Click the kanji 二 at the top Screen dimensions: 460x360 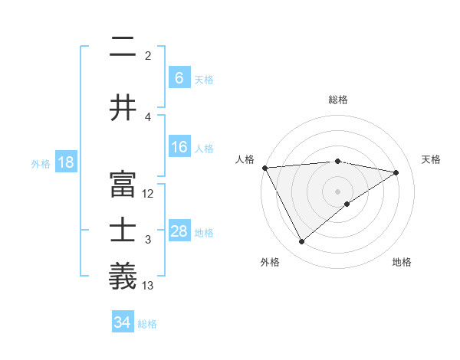click(123, 47)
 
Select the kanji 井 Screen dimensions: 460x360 click(123, 107)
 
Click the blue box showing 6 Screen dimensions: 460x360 click(179, 78)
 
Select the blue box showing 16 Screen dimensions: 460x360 click(179, 147)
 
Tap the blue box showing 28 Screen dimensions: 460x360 click(179, 231)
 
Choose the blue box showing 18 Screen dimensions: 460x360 click(65, 162)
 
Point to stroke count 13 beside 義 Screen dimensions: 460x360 click(149, 286)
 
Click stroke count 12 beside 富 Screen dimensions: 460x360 click(149, 194)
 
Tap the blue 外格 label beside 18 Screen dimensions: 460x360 click(41, 163)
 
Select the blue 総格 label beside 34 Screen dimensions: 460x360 click(147, 323)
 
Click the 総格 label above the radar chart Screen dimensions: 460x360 click(338, 100)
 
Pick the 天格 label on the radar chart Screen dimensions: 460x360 click(432, 159)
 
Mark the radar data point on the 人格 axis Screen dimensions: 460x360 click(264, 168)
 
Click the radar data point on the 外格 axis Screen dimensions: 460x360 click(301, 242)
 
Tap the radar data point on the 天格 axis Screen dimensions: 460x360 click(396, 172)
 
